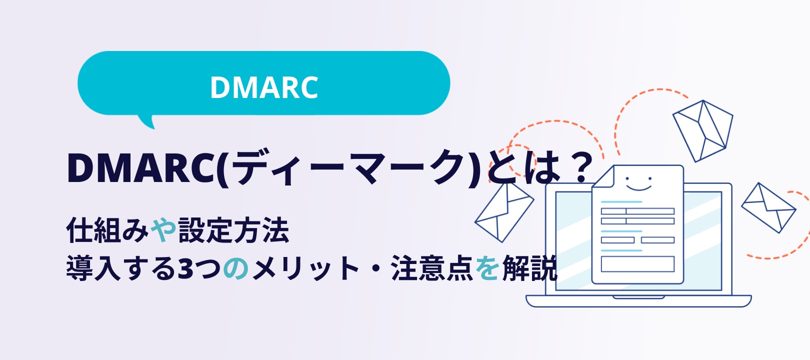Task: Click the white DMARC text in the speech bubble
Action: pos(264,87)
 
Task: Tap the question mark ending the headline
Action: pos(581,167)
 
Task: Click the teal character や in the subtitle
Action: pos(163,230)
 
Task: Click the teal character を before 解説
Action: pos(487,268)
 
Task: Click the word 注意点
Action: pos(431,268)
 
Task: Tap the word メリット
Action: pos(306,268)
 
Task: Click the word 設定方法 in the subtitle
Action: pos(233,230)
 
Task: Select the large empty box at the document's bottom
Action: pos(637,264)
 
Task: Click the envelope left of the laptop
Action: pos(504,212)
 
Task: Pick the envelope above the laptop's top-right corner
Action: pos(702,131)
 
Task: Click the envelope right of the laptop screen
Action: pos(768,208)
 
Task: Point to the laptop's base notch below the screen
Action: pos(638,297)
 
